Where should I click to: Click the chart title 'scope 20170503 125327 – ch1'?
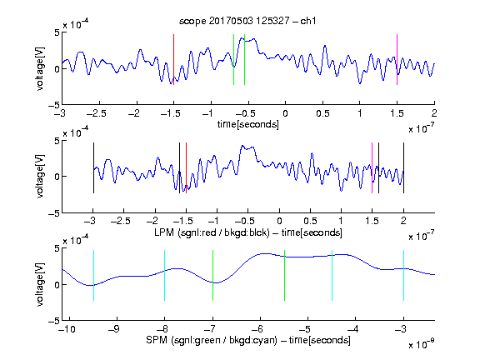coord(247,21)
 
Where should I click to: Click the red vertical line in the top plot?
coord(174,59)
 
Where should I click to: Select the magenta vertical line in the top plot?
coord(397,59)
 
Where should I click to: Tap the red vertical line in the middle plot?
coord(186,167)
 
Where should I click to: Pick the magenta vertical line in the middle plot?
coord(372,167)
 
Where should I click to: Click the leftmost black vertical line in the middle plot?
coord(93,167)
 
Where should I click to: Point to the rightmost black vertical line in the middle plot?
coord(403,167)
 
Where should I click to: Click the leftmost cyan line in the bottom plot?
coord(93,275)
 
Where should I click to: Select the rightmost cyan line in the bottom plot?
coord(403,275)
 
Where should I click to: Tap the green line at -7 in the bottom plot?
coord(212,275)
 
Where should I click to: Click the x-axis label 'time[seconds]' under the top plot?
coord(248,124)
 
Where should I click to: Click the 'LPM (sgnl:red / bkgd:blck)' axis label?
coord(212,232)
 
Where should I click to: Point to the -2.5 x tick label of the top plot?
coord(96,113)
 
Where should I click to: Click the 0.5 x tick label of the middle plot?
coord(310,221)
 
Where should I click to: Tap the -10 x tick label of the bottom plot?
coord(67,329)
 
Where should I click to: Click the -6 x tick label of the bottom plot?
coord(257,329)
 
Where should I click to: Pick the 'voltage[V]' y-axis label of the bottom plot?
coord(40,284)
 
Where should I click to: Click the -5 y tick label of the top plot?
coord(54,105)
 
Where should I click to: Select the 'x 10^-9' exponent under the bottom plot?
coord(421,344)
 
